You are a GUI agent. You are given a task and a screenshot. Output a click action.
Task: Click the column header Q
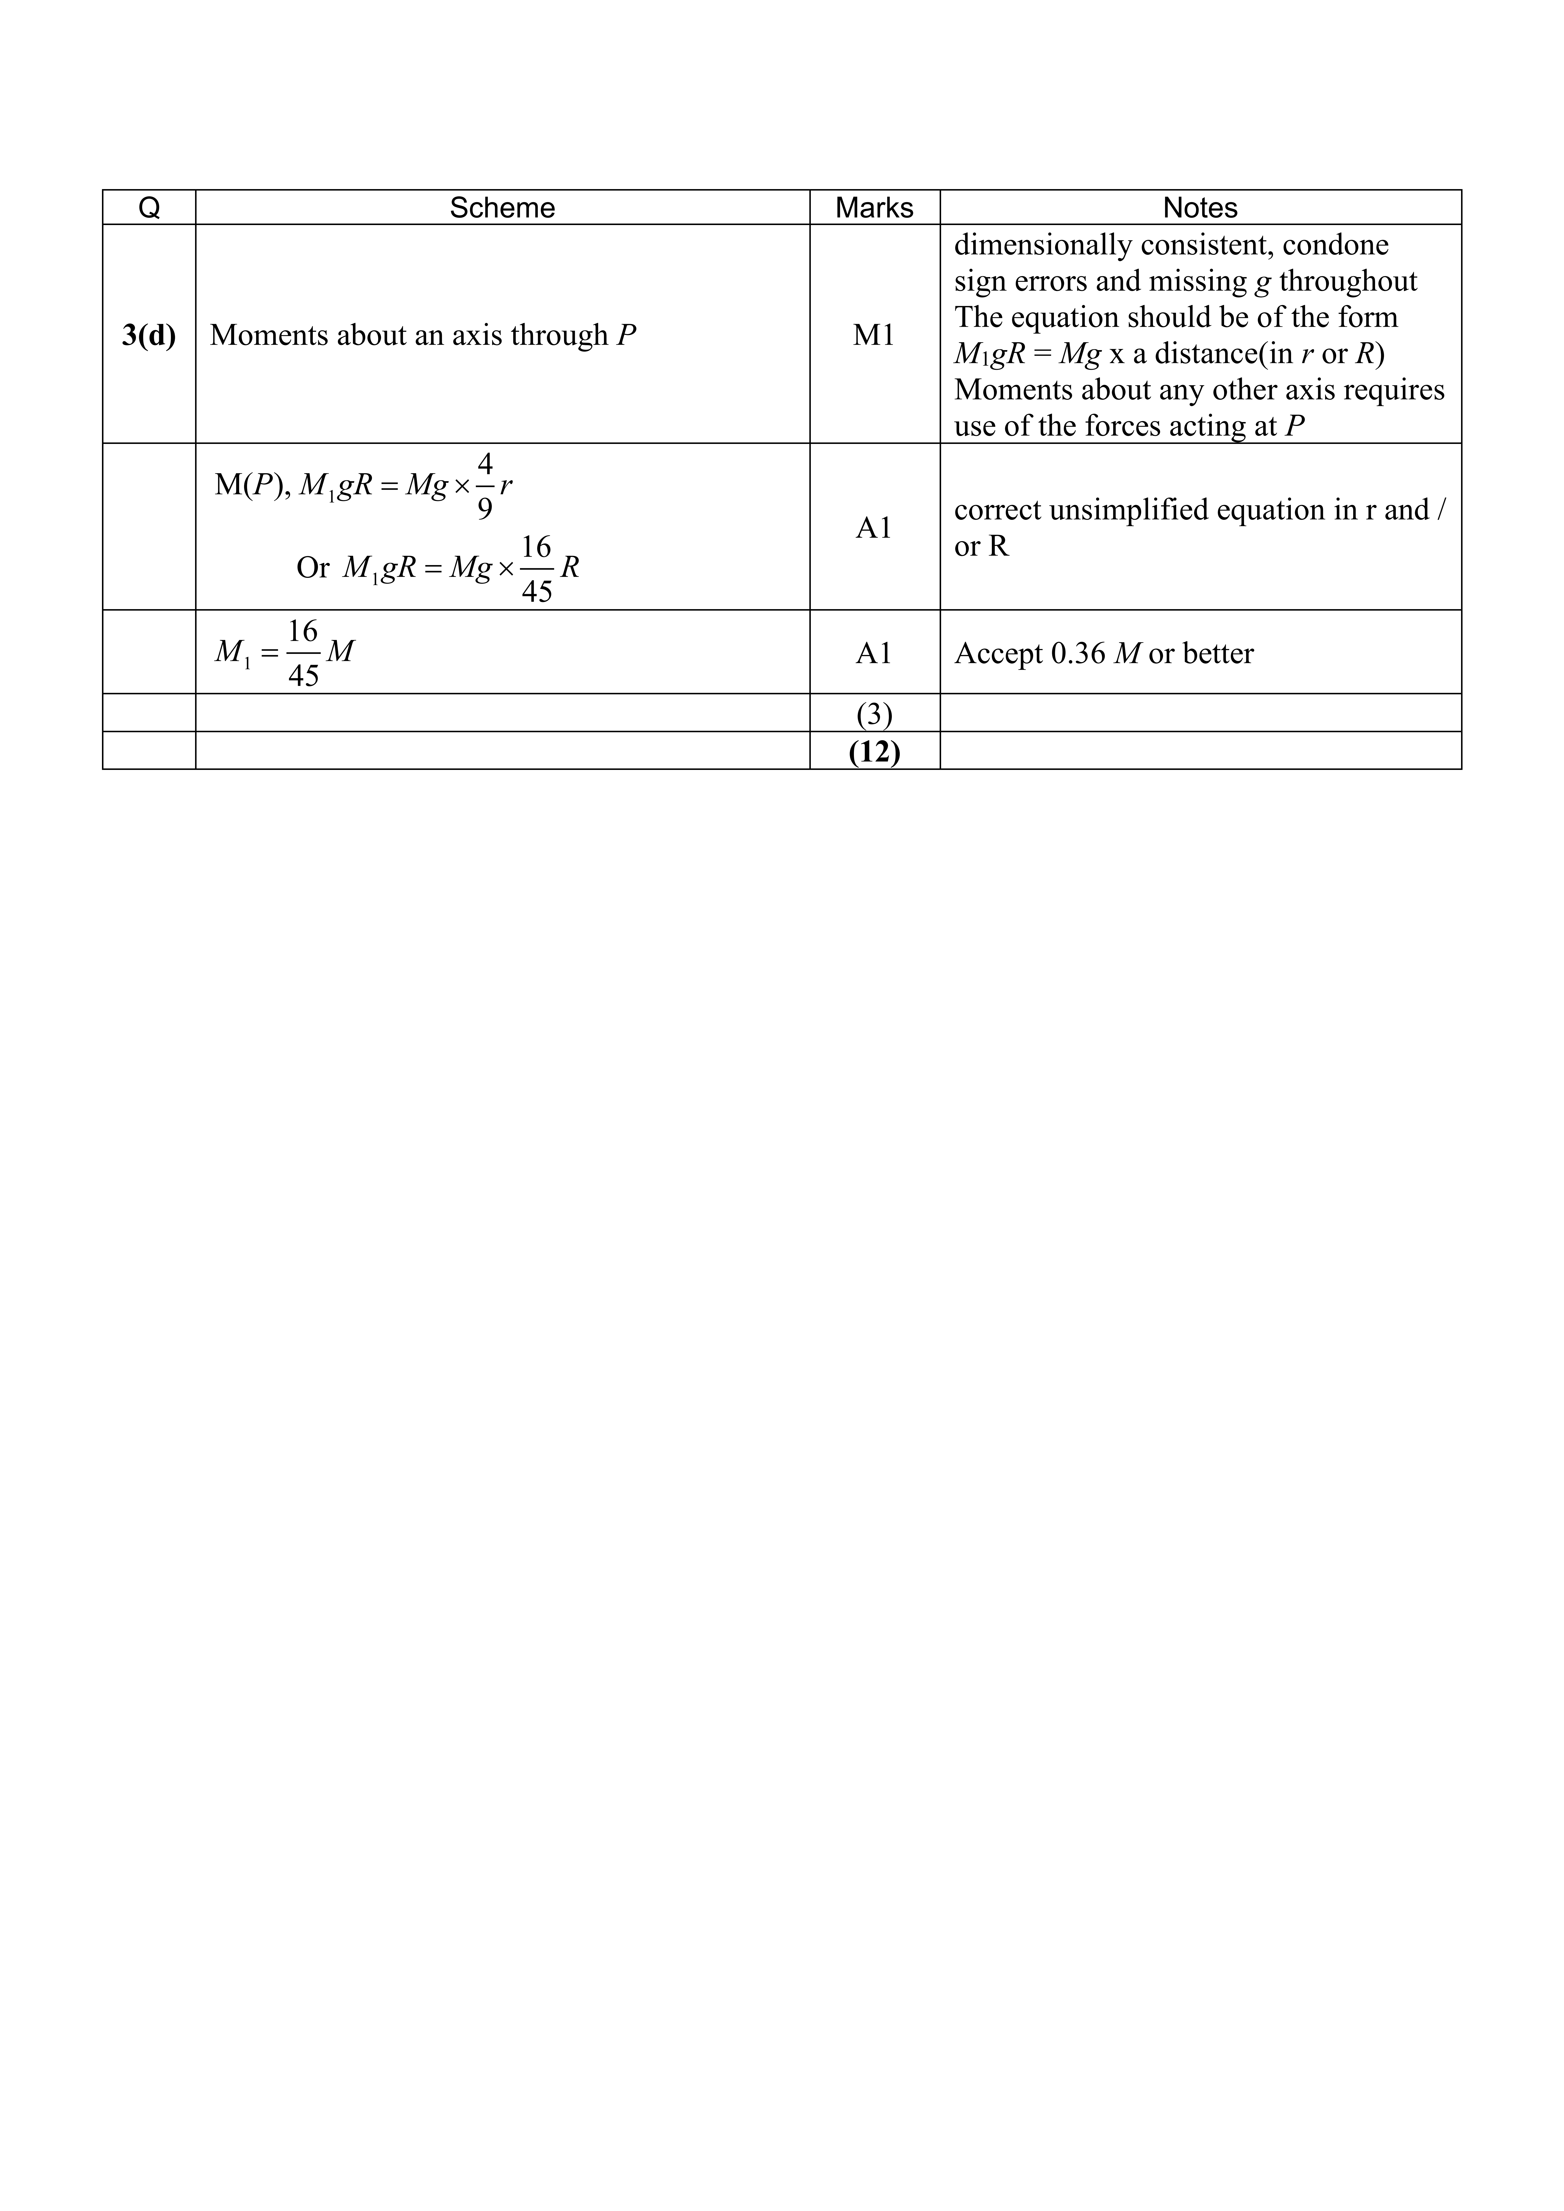(149, 208)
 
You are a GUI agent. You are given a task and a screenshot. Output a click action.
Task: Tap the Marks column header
(873, 208)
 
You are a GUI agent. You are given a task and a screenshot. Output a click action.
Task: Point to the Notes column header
(1200, 208)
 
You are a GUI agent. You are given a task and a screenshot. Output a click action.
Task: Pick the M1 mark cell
(873, 335)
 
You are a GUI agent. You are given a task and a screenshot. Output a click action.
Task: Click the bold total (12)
(873, 751)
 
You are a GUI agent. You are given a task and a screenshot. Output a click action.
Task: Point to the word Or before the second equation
(313, 568)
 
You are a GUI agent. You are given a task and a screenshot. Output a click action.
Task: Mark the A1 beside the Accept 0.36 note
(873, 654)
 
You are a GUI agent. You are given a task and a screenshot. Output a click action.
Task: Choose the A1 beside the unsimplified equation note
(873, 528)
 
